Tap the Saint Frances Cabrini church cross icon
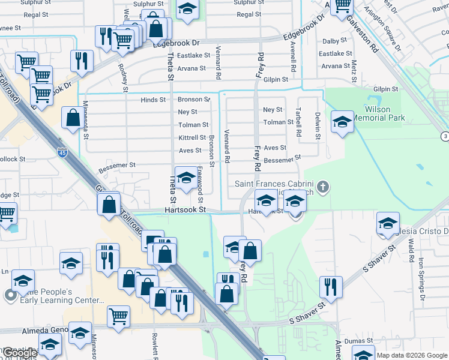[x=323, y=187]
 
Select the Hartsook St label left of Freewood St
[x=185, y=210]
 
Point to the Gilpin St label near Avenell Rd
[x=276, y=79]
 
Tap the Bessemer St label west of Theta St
[x=117, y=164]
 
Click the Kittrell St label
[x=192, y=137]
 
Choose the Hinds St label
[x=154, y=100]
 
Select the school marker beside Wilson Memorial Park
[x=342, y=122]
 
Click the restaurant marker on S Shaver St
[x=330, y=286]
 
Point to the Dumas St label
[x=362, y=340]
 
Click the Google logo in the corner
[x=19, y=353]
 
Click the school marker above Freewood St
[x=186, y=178]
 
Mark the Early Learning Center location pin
[x=10, y=295]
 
